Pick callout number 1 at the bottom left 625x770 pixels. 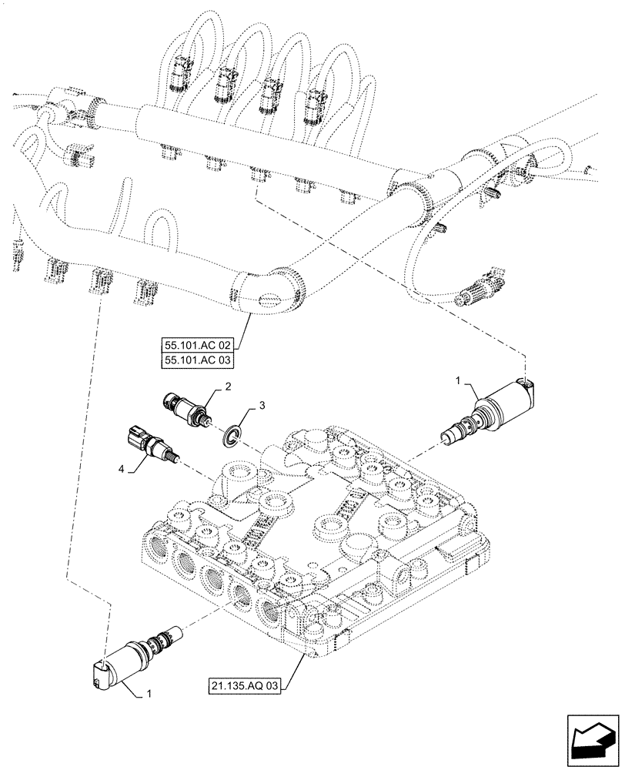(148, 695)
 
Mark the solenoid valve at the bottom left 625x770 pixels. (131, 655)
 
